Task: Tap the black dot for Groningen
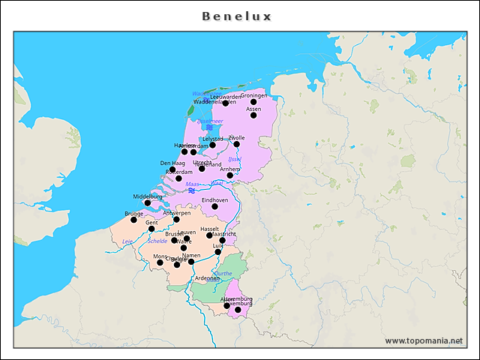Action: [x=253, y=102]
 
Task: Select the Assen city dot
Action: [x=253, y=115]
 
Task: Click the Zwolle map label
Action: [x=236, y=138]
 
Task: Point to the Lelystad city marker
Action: [x=213, y=145]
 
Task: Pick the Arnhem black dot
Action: [x=230, y=175]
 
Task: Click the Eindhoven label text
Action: [x=214, y=200]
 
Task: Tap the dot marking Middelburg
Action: [x=147, y=203]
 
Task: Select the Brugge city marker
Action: [x=133, y=220]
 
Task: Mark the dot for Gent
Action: [x=151, y=229]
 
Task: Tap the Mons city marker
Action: [x=160, y=262]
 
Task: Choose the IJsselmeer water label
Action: [x=210, y=121]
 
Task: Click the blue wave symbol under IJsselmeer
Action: [x=209, y=127]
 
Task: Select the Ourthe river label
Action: [x=223, y=274]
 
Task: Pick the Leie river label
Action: [x=127, y=241]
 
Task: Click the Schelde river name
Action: [x=157, y=241]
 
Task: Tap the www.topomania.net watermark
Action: [x=424, y=340]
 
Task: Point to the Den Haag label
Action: [x=172, y=163]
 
